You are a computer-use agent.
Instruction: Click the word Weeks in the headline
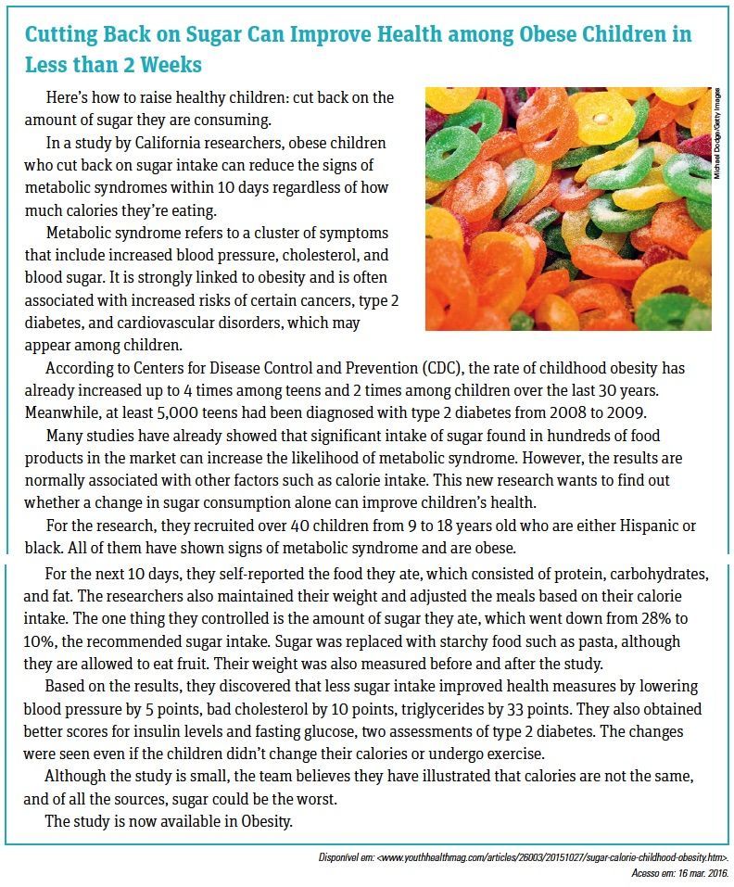click(171, 66)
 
